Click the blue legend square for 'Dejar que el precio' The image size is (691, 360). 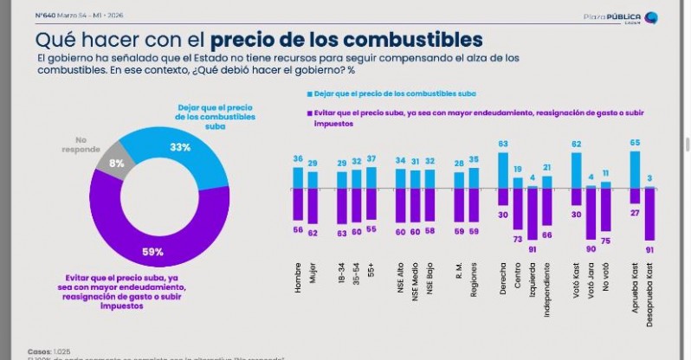pos(308,92)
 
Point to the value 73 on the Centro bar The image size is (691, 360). pos(517,238)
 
